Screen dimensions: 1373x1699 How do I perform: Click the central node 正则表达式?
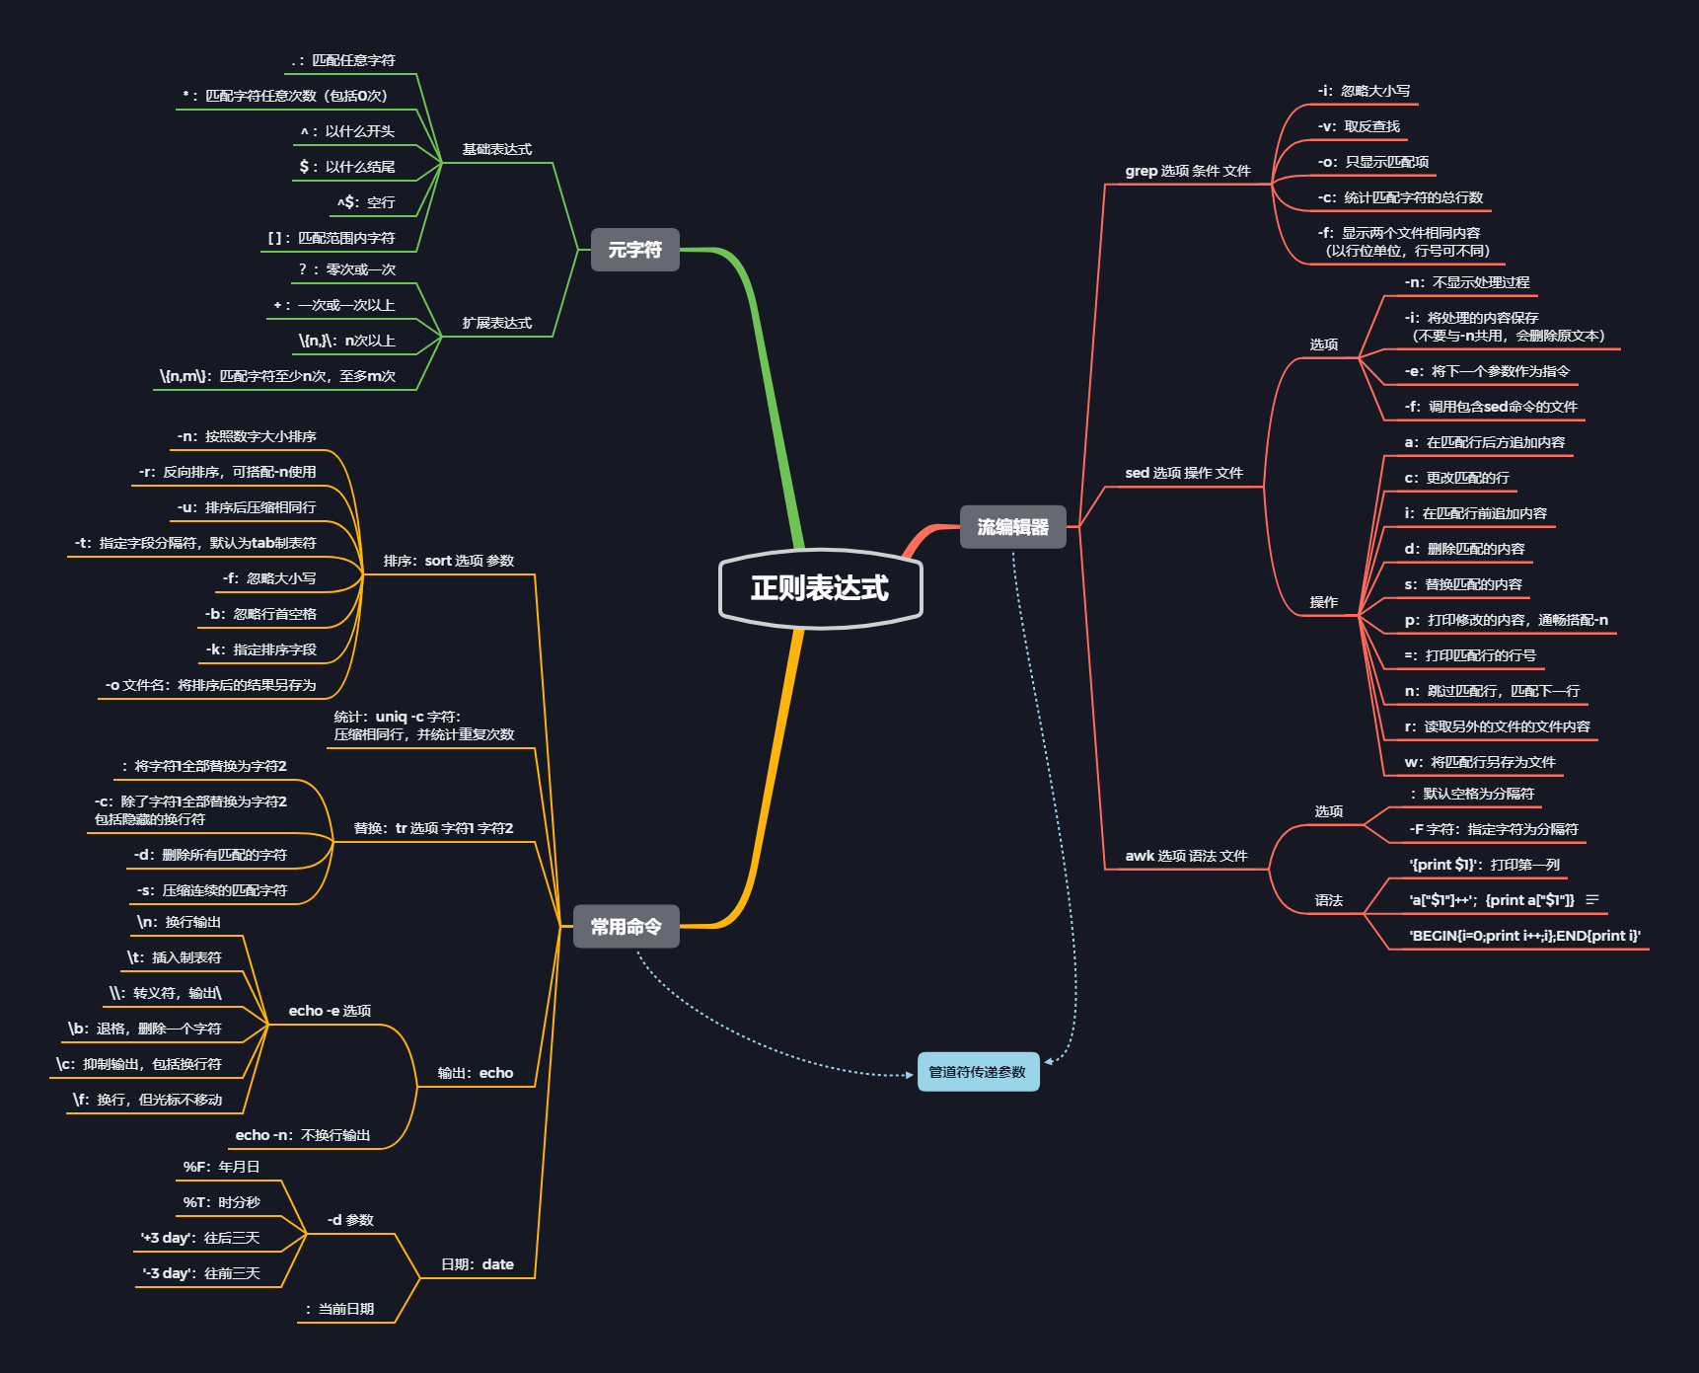coord(820,588)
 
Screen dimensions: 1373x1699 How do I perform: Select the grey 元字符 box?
coord(634,250)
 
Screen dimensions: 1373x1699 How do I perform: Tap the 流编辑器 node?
coord(1012,527)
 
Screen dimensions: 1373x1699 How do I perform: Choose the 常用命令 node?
coord(626,927)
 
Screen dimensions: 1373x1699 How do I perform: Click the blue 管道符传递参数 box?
coord(978,1072)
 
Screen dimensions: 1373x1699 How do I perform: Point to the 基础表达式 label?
coord(497,149)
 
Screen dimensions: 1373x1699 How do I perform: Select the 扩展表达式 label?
coord(497,323)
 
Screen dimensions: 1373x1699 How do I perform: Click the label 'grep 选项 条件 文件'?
coord(1188,171)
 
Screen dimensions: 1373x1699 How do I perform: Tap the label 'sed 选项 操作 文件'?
coord(1184,473)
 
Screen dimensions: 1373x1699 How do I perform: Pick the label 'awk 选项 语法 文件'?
coord(1186,856)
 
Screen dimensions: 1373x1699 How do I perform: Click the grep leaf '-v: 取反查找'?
coord(1359,126)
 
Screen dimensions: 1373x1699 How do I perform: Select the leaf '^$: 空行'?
coord(366,202)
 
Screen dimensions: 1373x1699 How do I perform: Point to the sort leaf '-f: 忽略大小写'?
coord(269,578)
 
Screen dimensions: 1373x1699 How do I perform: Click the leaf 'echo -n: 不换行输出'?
coord(303,1135)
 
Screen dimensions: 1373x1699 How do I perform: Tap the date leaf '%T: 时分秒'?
coord(222,1202)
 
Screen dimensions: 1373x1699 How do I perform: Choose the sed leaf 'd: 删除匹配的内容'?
coord(1464,549)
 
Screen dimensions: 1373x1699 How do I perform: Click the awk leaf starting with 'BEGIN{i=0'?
coord(1524,936)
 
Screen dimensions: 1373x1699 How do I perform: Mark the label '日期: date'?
coord(478,1264)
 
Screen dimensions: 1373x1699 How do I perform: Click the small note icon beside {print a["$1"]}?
coord(1591,900)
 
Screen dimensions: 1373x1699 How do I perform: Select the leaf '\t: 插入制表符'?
coord(175,957)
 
